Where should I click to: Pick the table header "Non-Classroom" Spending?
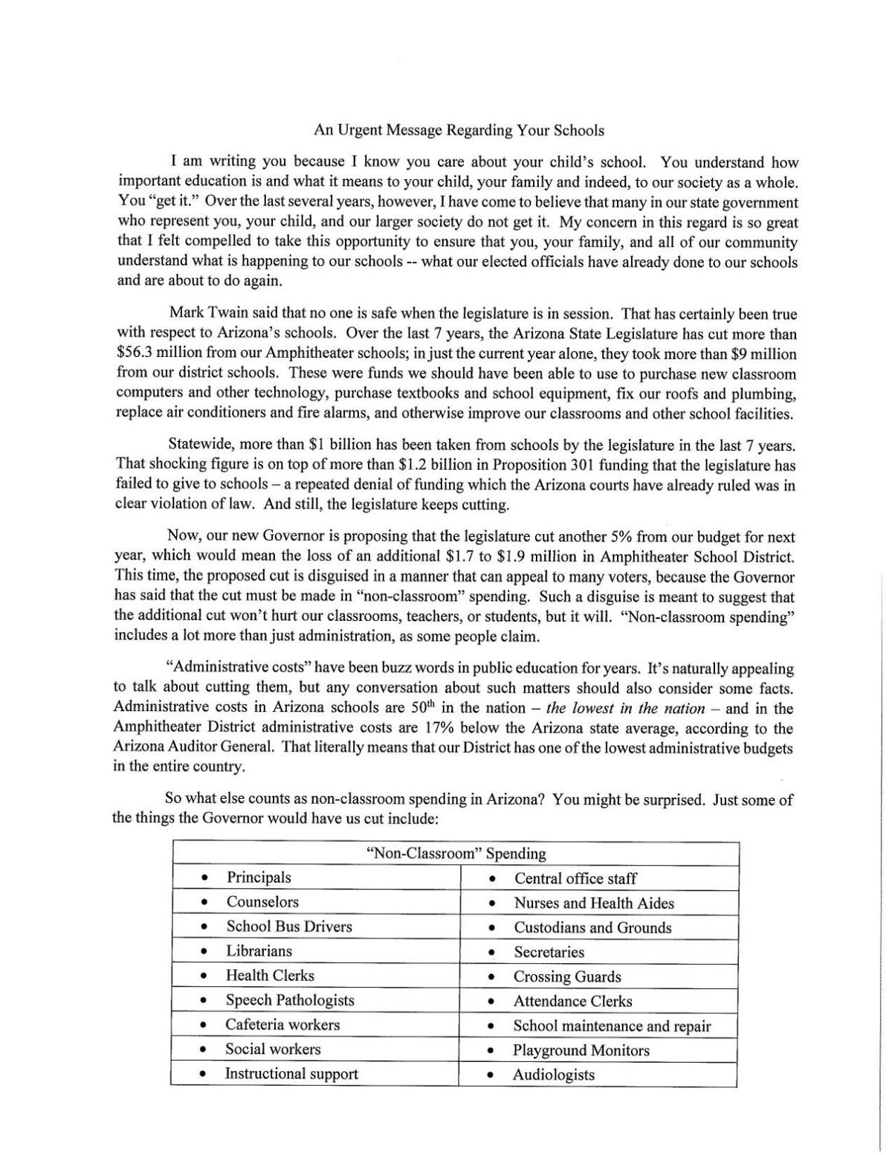click(456, 854)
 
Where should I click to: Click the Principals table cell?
click(259, 878)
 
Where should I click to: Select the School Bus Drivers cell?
click(288, 927)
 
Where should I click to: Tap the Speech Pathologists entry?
click(290, 1000)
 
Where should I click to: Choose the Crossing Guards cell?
click(566, 977)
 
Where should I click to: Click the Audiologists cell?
click(553, 1075)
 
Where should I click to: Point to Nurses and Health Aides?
click(593, 903)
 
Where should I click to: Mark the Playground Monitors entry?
click(581, 1050)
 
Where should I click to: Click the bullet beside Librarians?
click(204, 952)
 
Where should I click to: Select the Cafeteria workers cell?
click(282, 1025)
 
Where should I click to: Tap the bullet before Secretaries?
click(491, 953)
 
